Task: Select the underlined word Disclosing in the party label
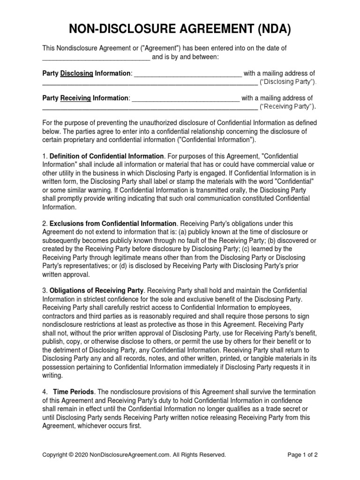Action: coord(77,74)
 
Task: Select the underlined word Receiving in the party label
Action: coord(76,98)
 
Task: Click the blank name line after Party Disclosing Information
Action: coord(188,75)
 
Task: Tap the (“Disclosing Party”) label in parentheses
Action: coord(288,82)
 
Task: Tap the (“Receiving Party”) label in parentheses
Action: coord(288,107)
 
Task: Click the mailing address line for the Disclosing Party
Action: coord(150,83)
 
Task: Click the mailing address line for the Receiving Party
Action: coord(150,108)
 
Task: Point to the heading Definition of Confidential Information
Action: coord(107,156)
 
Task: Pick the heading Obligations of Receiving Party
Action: coord(97,291)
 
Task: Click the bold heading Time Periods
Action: coord(74,392)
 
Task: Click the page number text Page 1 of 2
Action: coord(302,455)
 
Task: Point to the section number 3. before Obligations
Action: coord(45,291)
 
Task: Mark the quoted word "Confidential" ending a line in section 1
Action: coord(294,181)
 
